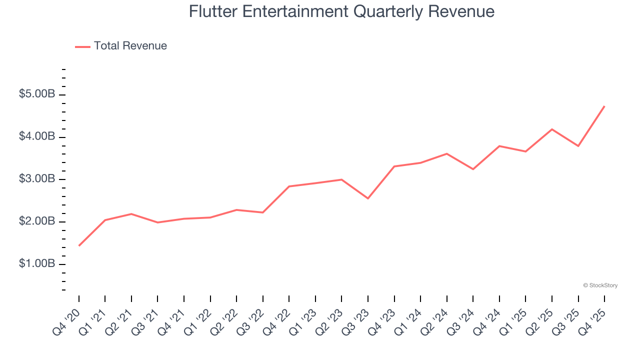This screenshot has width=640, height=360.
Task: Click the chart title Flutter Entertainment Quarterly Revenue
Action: pos(341,11)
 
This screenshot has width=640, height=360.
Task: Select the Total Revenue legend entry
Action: pos(130,46)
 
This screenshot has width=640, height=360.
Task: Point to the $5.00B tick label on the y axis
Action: pos(36,94)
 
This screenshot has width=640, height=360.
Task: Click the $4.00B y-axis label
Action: pos(36,136)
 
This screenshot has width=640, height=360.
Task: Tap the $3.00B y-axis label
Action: pos(36,179)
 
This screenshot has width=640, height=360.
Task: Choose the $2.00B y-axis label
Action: pos(36,221)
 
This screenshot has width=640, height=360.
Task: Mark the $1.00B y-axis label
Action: pos(36,263)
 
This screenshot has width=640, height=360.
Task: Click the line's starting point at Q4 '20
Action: pos(79,245)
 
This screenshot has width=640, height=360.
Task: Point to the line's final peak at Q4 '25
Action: pos(604,106)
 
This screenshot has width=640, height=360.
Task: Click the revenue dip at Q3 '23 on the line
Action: pos(368,198)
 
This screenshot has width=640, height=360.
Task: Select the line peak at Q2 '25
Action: pos(552,129)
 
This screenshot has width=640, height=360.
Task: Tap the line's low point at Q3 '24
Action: pos(473,169)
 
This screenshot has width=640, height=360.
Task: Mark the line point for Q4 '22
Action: pos(289,186)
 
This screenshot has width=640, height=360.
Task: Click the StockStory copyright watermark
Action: pos(600,285)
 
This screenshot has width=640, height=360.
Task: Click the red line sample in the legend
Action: pos(82,46)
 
